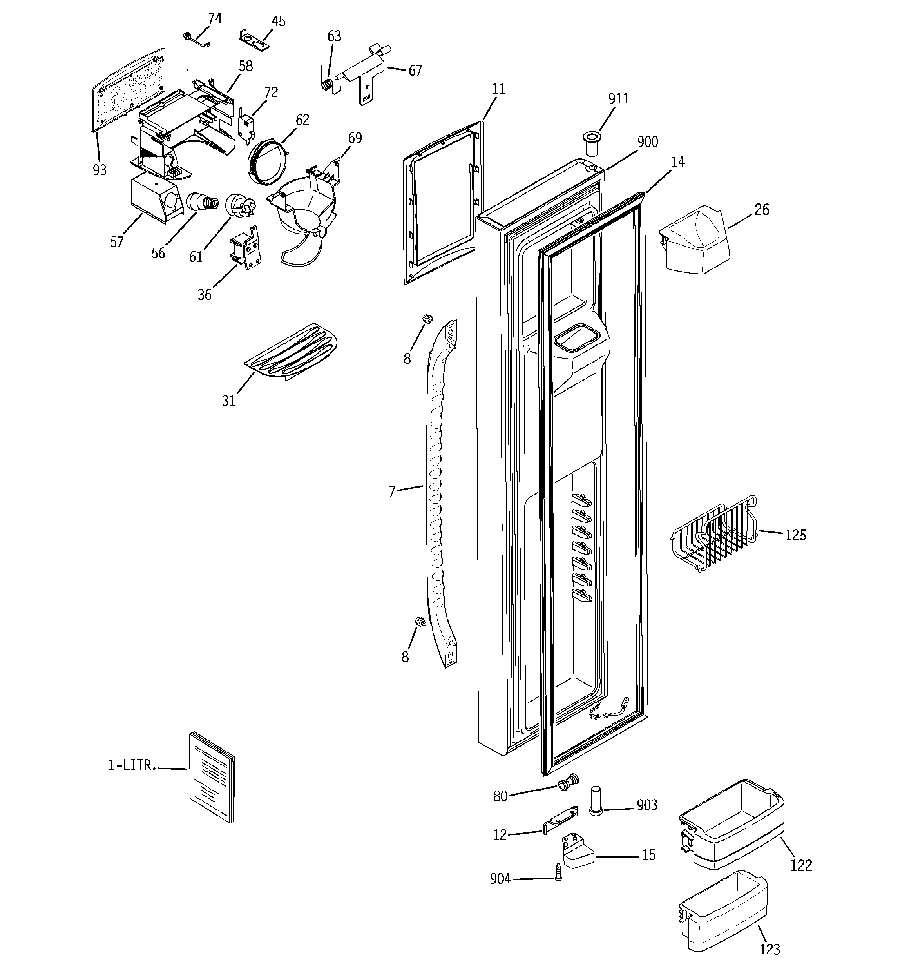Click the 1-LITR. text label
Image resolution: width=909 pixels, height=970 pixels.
pyautogui.click(x=132, y=765)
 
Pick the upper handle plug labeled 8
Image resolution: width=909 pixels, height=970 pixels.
pyautogui.click(x=428, y=319)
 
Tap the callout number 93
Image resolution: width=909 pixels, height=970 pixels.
pyautogui.click(x=100, y=170)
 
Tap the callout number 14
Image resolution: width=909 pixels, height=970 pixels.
pyautogui.click(x=678, y=162)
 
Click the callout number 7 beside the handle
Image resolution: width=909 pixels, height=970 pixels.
pyautogui.click(x=392, y=492)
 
